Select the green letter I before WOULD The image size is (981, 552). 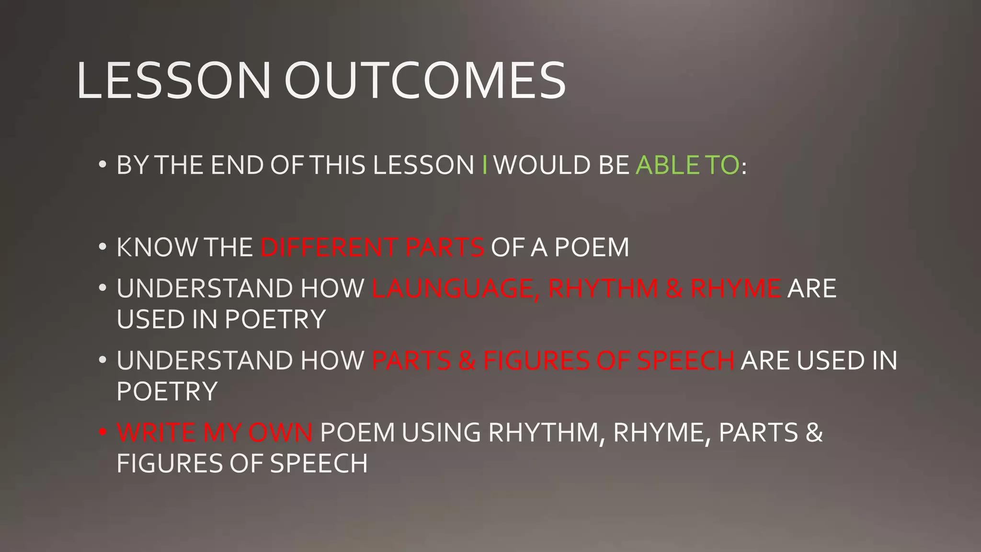point(485,165)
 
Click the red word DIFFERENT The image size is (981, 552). point(329,248)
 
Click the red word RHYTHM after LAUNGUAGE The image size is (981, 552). point(603,289)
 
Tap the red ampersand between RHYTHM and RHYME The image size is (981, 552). point(674,289)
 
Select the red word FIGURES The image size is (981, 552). point(536,361)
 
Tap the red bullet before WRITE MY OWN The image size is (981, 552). point(102,432)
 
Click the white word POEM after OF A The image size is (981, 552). point(592,248)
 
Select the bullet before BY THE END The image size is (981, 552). point(102,165)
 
